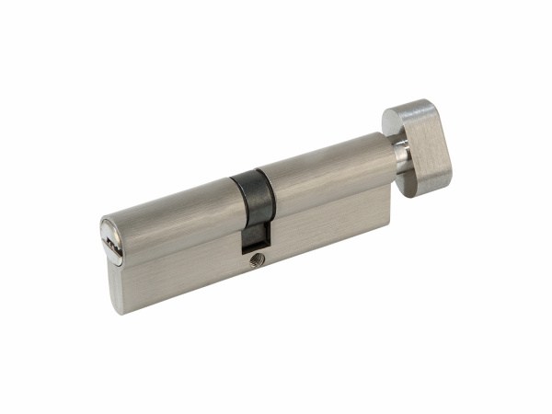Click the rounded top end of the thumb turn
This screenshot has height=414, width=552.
click(x=405, y=109)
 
